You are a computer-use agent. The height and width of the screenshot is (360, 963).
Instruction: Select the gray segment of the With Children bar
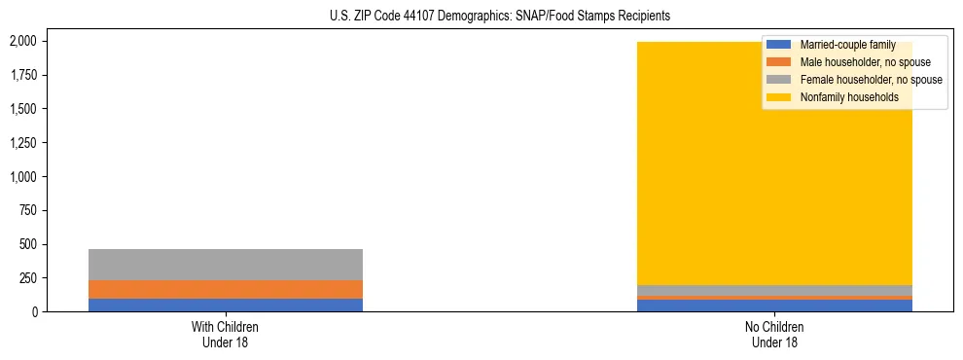click(x=226, y=265)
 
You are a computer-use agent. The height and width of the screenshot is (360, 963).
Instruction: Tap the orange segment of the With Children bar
click(x=226, y=289)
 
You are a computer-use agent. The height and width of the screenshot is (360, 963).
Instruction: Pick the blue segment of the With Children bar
click(x=226, y=305)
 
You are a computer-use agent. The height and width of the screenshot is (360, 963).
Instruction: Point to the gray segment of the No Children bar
click(x=775, y=290)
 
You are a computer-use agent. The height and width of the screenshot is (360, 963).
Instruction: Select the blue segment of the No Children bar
click(x=775, y=306)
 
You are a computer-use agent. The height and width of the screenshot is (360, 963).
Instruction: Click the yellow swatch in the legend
click(x=779, y=97)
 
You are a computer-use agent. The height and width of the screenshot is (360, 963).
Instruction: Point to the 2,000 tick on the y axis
click(x=22, y=42)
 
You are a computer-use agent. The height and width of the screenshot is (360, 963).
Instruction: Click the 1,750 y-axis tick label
click(x=22, y=76)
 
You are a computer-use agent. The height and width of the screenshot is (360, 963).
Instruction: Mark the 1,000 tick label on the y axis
click(x=22, y=177)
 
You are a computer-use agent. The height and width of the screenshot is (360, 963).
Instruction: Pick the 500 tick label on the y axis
click(x=28, y=245)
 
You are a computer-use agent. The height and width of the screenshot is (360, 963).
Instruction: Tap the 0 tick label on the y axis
click(x=34, y=312)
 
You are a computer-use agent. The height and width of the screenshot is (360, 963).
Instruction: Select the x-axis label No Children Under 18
click(x=775, y=335)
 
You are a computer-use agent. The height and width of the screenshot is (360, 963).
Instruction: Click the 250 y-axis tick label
click(x=28, y=278)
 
